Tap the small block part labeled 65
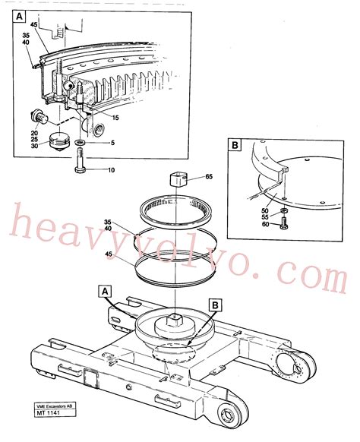[x=177, y=181]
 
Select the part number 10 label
[x=111, y=170]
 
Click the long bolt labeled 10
[x=81, y=163]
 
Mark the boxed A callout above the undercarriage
[x=106, y=290]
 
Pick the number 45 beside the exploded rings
[x=109, y=255]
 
